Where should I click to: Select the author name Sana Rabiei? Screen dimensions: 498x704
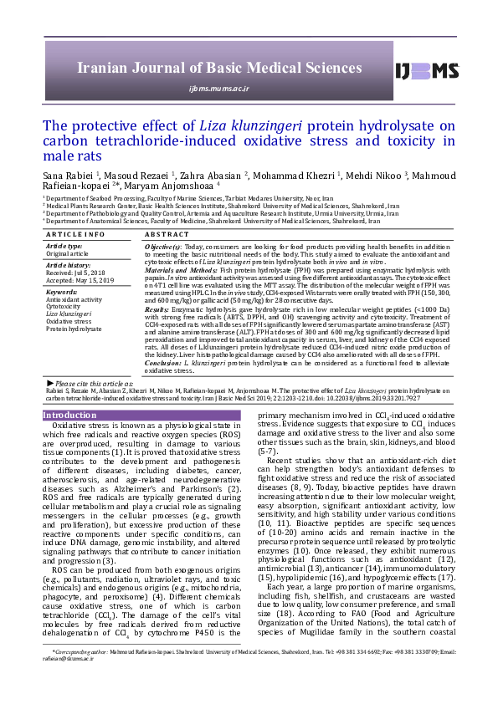[x=64, y=176]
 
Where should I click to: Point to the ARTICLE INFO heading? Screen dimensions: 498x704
[x=74, y=234]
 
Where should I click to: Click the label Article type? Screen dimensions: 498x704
[x=64, y=247]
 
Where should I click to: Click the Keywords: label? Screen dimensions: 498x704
[x=62, y=292]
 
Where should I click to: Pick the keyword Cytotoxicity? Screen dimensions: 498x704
[x=64, y=305]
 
